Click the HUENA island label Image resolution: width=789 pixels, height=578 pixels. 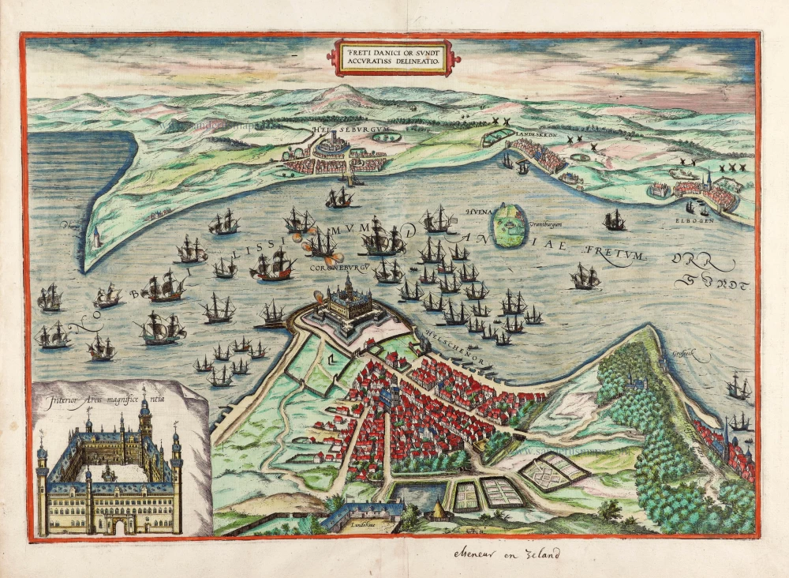pyautogui.click(x=479, y=212)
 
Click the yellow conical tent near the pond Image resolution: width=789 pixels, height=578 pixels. pyautogui.click(x=436, y=512)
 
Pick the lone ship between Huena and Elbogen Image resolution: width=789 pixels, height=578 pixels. pyautogui.click(x=615, y=221)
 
